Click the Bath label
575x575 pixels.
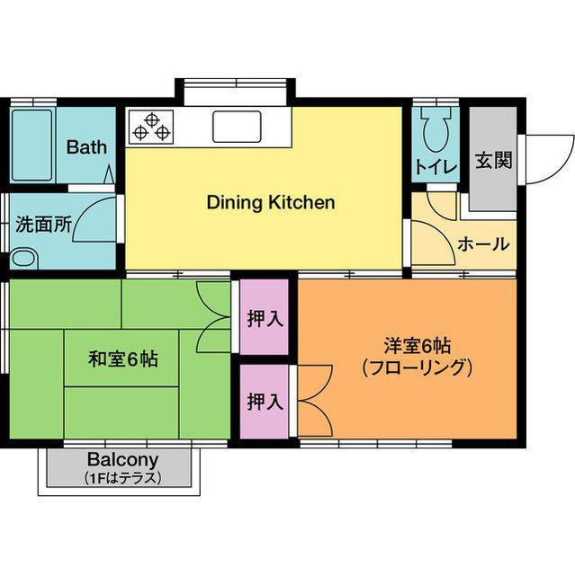tap(86, 147)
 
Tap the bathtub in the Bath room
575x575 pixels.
tap(31, 146)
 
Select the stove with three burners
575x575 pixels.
tap(151, 127)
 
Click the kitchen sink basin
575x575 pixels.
tap(237, 127)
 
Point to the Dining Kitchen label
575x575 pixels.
tap(271, 202)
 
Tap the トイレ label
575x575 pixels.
tap(436, 168)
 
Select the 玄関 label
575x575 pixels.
tap(493, 160)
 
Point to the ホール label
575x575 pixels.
tap(484, 243)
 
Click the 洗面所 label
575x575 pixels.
tap(43, 225)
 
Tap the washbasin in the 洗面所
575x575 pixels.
tap(25, 258)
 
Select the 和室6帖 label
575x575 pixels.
tap(123, 359)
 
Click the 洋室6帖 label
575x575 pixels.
tap(418, 345)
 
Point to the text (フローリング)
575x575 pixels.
tap(417, 368)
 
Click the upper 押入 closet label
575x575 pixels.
tap(265, 318)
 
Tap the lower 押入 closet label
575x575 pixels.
tap(265, 402)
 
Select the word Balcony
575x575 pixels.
tap(123, 460)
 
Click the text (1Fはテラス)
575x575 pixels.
tap(122, 478)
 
